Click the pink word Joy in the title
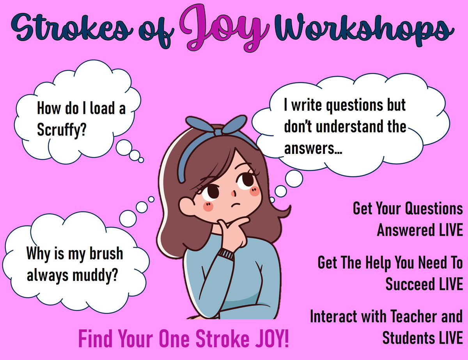point(224,28)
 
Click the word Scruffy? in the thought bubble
point(62,130)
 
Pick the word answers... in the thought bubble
point(313,148)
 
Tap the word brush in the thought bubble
point(106,253)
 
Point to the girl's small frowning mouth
point(236,205)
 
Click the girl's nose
point(234,193)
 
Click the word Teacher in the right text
point(414,316)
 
